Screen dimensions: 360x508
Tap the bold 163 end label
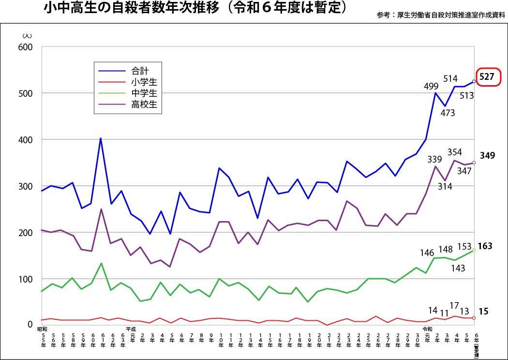pos(485,246)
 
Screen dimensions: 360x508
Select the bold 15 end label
pos(483,312)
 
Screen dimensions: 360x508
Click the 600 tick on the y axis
pos(26,47)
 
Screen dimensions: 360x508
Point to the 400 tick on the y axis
pos(26,140)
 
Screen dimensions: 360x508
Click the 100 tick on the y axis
pos(26,279)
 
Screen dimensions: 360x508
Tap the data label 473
pos(448,114)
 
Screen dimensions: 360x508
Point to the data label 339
pos(434,160)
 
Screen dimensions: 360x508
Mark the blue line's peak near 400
pos(100,138)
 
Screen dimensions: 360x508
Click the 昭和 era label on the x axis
pos(42,330)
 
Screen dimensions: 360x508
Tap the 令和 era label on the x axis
pos(427,330)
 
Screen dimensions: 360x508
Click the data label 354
pos(454,152)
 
